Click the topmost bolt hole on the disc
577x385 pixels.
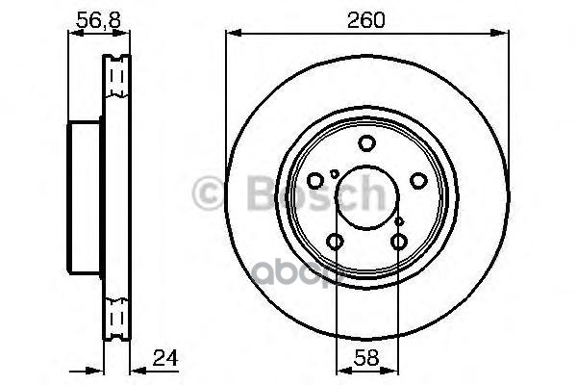coord(366,144)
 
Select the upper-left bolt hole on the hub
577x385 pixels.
coord(315,181)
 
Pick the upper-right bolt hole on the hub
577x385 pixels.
coord(417,181)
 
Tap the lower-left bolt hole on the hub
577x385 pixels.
coord(335,242)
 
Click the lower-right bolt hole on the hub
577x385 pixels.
coord(398,242)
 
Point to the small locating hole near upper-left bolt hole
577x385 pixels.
coord(333,173)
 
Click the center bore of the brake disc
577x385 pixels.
coord(366,198)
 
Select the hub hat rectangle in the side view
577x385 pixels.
coord(86,197)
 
